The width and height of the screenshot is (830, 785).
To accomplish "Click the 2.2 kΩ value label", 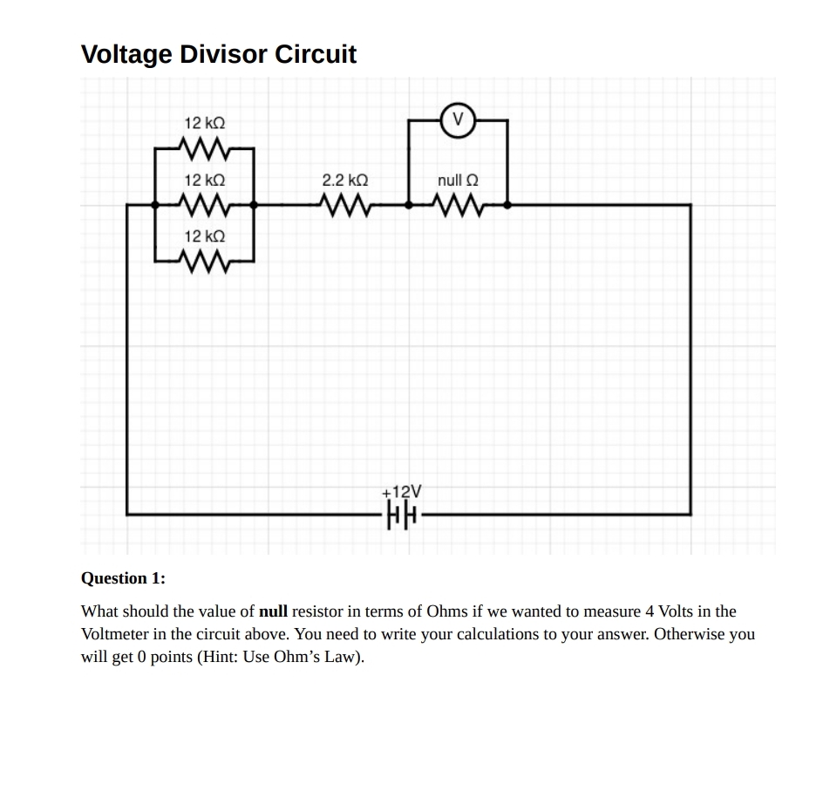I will (x=345, y=181).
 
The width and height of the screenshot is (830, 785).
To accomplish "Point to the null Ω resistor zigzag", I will (x=458, y=206).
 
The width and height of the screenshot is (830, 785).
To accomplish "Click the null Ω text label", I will (x=458, y=181).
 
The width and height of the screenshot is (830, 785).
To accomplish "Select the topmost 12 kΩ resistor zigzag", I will (x=205, y=149).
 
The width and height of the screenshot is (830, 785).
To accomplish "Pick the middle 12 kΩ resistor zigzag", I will (x=205, y=206).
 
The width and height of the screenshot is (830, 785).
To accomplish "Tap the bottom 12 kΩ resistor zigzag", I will (x=205, y=261).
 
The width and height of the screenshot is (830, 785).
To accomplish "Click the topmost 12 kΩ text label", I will (x=205, y=124).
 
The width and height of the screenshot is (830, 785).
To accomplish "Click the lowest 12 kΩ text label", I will (x=205, y=236).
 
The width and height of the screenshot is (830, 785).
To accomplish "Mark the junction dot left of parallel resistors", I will (x=155, y=206).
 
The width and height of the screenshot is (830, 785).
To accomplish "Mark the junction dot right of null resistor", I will (x=508, y=206).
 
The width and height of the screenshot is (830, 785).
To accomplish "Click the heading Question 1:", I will (x=123, y=578).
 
